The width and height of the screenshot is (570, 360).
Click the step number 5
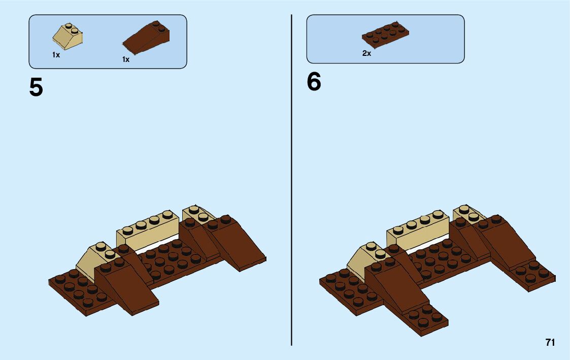(36, 87)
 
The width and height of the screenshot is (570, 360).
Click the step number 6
(314, 82)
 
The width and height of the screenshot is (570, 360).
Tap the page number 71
(550, 343)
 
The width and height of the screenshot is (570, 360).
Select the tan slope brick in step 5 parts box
(68, 37)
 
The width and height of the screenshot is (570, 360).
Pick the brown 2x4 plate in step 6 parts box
(386, 34)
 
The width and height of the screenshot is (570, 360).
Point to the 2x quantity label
(366, 53)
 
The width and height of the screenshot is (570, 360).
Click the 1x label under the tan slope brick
(56, 55)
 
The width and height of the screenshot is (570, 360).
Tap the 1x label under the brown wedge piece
(126, 59)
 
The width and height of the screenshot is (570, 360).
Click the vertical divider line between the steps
(291, 178)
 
